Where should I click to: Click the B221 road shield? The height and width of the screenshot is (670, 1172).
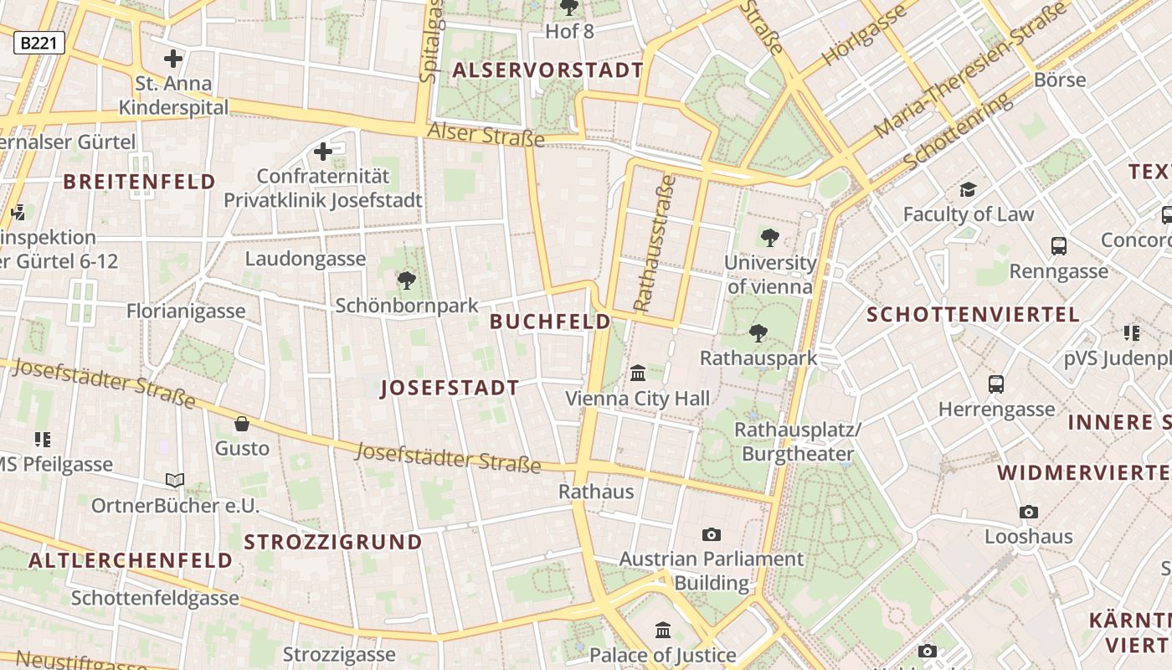pos(39,43)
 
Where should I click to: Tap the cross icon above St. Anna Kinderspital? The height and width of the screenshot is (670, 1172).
pos(173,59)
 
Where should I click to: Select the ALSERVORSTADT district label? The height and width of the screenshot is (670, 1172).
pos(548,70)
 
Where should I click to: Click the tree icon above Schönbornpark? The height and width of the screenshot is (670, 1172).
pos(407,281)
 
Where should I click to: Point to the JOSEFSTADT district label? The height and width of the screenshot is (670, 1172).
pos(450,389)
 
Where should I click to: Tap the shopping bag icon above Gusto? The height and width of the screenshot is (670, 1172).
pos(242,424)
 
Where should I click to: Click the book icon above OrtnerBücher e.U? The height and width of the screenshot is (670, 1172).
pos(174,481)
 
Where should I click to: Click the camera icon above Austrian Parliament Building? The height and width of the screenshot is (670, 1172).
pos(712,534)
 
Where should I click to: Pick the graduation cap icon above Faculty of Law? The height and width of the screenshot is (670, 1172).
pos(969,189)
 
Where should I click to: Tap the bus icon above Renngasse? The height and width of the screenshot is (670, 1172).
pos(1059,246)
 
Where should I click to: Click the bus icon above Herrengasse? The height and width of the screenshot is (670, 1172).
pos(996,384)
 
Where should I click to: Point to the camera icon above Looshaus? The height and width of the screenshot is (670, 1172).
pos(1029,512)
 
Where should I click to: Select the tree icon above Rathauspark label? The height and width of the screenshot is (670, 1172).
pos(758,333)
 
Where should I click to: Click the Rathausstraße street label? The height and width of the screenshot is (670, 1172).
pos(655,243)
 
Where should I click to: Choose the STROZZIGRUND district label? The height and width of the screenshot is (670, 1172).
pos(333,542)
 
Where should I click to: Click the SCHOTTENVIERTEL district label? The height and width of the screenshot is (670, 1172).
pos(973,315)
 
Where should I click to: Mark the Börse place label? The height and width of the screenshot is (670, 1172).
pos(1060,80)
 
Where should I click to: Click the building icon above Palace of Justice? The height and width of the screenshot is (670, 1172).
pos(663,630)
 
